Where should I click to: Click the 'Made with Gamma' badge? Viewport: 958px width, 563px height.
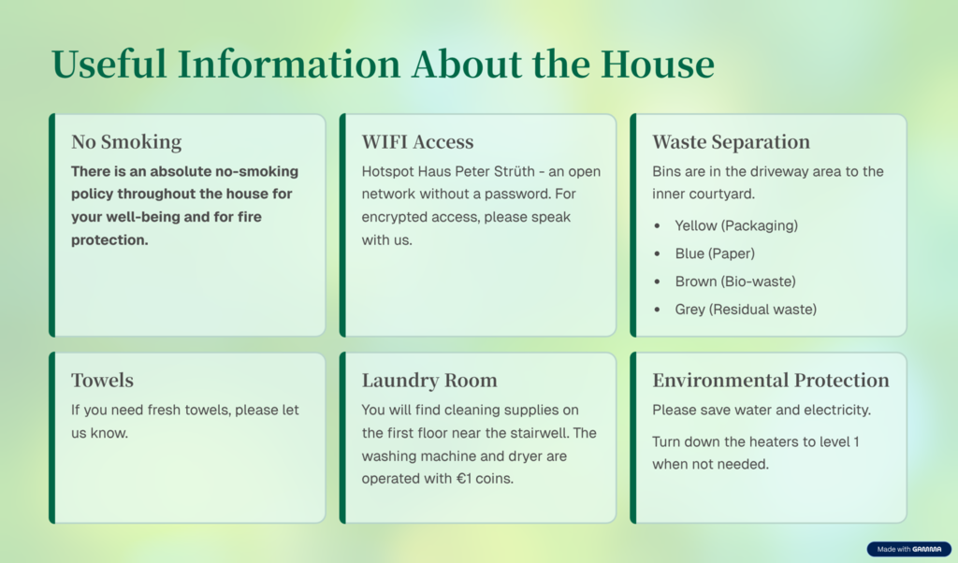[908, 549]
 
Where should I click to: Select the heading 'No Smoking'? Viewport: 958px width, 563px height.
[126, 141]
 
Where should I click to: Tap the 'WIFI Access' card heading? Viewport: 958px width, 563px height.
[417, 141]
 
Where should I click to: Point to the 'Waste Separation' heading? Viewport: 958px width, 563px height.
[731, 141]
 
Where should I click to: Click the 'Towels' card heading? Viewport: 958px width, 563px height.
[102, 380]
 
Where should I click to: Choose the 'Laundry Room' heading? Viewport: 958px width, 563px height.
[429, 381]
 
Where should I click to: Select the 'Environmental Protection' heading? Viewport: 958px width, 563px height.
[771, 380]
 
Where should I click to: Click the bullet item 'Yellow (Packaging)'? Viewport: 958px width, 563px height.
[736, 226]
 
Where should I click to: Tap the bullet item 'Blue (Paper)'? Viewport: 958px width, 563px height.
[715, 253]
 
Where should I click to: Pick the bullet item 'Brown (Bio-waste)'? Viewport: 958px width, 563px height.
[735, 281]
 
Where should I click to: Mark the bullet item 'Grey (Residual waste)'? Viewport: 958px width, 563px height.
[746, 310]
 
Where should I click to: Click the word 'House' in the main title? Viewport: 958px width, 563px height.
[658, 65]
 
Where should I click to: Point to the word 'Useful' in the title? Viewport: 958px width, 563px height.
[109, 65]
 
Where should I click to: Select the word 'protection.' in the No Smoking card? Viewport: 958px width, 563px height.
[109, 240]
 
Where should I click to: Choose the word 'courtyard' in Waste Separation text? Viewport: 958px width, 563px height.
[726, 195]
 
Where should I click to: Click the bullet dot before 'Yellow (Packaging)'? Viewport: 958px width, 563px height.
[657, 226]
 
